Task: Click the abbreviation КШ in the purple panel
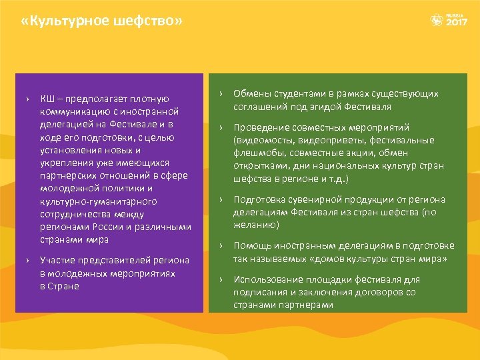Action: (x=47, y=99)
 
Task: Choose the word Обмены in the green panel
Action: (x=252, y=94)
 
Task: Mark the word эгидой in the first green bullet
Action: (x=323, y=107)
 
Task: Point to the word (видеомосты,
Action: (x=264, y=140)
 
